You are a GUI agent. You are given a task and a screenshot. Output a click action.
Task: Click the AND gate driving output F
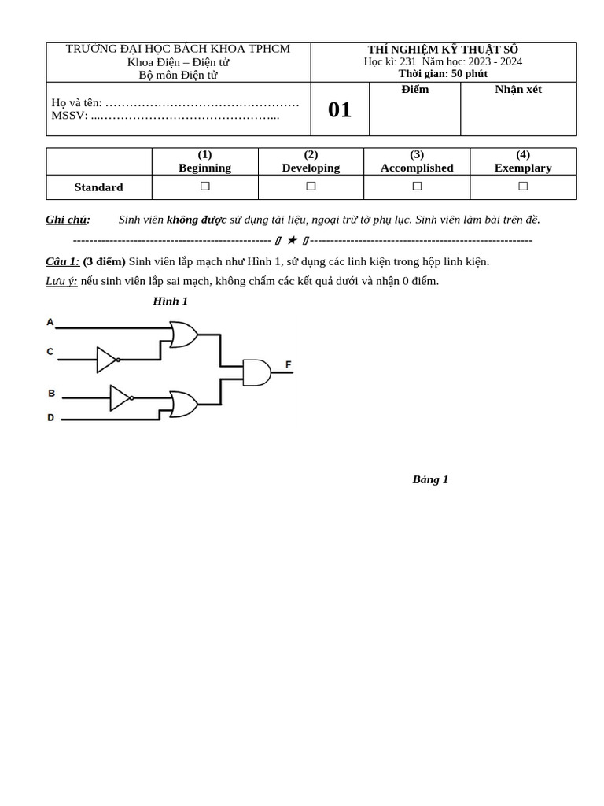click(x=256, y=372)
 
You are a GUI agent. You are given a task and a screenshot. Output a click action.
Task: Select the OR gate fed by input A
click(x=183, y=335)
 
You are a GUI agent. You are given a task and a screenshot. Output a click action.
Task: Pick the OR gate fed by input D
click(x=183, y=404)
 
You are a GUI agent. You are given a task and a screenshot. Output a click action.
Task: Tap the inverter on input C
click(x=107, y=360)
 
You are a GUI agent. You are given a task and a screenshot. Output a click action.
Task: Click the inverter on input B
click(x=120, y=397)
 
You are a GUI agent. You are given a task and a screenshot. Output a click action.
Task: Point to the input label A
click(x=50, y=322)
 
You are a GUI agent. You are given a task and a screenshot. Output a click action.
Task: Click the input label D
click(x=51, y=418)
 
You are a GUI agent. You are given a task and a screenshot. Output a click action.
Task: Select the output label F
click(x=289, y=364)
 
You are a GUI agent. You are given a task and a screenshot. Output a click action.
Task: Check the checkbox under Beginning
click(x=205, y=186)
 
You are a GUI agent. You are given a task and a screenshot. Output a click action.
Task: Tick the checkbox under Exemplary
click(x=523, y=186)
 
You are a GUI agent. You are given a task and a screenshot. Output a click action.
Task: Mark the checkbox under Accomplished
click(x=417, y=186)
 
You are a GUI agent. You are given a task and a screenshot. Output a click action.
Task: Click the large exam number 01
click(x=340, y=109)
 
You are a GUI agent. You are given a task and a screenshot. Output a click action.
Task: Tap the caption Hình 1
click(x=171, y=301)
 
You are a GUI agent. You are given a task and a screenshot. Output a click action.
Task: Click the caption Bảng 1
click(x=430, y=479)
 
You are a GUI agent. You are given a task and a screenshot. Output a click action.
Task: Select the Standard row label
click(x=99, y=187)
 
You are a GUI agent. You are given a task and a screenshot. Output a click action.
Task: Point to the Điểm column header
click(x=415, y=89)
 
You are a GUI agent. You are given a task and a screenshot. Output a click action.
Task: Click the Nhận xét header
click(x=518, y=89)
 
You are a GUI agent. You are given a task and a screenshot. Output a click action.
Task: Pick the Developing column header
click(x=311, y=168)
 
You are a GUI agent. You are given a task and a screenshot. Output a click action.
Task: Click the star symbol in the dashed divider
click(x=292, y=240)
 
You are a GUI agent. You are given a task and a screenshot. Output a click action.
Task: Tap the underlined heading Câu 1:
click(x=63, y=261)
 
